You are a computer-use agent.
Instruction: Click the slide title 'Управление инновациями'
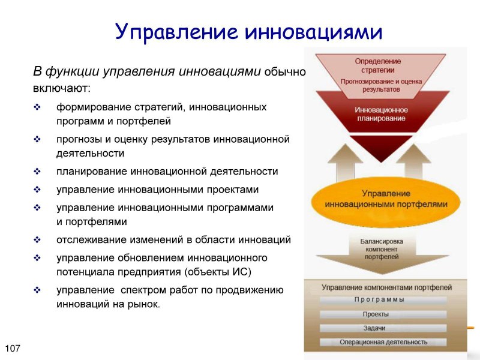(x=248, y=31)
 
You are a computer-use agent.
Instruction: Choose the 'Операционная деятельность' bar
(x=383, y=343)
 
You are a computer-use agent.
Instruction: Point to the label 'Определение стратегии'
(x=378, y=65)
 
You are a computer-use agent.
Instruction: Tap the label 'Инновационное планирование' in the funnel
(x=381, y=115)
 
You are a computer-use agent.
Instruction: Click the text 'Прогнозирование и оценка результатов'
(x=382, y=85)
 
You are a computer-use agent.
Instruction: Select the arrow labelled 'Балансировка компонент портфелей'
(x=381, y=249)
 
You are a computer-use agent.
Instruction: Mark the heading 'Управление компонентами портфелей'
(x=386, y=287)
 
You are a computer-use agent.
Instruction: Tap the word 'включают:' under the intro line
(x=61, y=89)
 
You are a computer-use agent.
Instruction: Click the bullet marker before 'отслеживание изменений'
(x=37, y=240)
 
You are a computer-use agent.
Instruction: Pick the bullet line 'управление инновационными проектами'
(x=157, y=190)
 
